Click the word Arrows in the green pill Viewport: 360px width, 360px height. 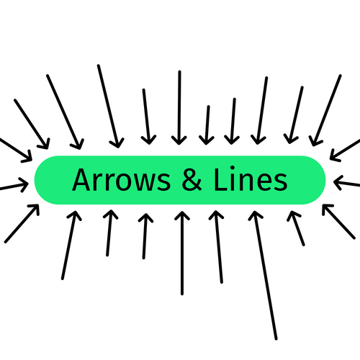[122, 180]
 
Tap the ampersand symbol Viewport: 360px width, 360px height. [192, 180]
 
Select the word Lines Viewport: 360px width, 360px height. [251, 179]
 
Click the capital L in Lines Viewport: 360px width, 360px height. [221, 180]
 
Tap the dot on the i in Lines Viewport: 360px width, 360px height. [233, 168]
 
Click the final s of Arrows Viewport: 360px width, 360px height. [164, 183]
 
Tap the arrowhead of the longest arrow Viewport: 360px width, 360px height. [256, 215]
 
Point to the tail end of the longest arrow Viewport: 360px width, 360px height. [276, 339]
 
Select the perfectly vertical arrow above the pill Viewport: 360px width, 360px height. [179, 107]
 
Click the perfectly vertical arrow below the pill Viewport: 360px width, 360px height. [182, 253]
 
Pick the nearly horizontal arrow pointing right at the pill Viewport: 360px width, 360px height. [14, 186]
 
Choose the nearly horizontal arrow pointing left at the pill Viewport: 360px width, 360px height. [347, 183]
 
